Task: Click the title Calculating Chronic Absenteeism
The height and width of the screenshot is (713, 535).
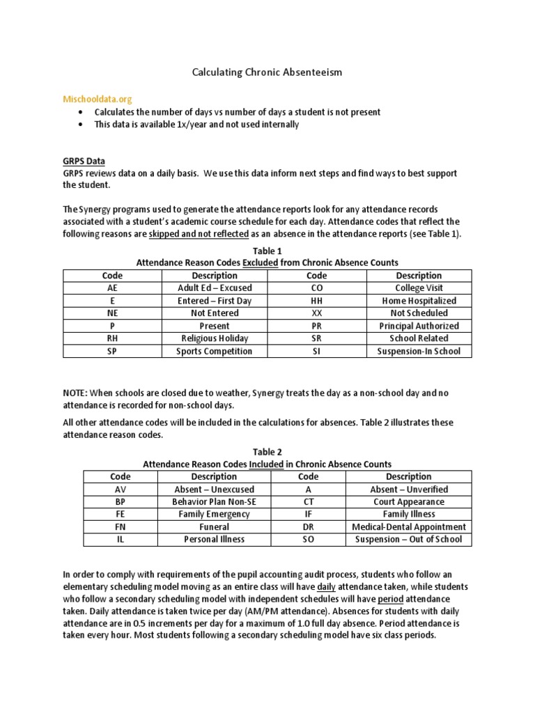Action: tap(267, 72)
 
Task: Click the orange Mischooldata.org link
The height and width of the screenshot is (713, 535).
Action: tap(98, 100)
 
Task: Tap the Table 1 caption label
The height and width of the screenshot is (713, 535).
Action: tap(267, 250)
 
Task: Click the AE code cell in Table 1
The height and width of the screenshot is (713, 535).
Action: tap(112, 288)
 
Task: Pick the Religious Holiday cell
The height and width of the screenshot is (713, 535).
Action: tap(215, 338)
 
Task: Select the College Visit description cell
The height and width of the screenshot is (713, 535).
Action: tap(419, 288)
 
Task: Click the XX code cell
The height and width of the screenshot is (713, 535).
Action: tap(316, 313)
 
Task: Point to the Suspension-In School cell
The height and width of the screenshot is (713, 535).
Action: tap(419, 351)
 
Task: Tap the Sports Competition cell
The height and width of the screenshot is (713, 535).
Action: tap(215, 351)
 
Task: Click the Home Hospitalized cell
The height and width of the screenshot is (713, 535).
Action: tap(419, 301)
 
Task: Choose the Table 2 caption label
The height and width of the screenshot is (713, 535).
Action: tap(267, 452)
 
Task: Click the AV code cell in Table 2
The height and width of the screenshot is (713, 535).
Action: tap(121, 489)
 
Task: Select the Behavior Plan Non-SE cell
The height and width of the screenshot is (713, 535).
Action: tap(214, 502)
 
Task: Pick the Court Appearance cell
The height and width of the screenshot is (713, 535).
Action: tap(408, 502)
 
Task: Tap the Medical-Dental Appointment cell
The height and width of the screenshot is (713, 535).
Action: tap(408, 527)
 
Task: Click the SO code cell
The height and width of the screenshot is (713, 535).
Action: tap(308, 540)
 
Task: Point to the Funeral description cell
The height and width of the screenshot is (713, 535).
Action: tap(214, 527)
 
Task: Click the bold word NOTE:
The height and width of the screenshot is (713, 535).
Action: tap(76, 393)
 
